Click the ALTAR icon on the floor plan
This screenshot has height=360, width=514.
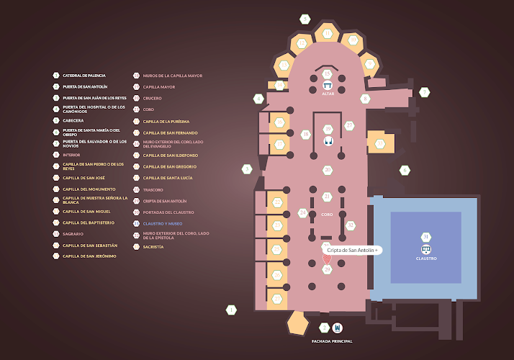[328, 86]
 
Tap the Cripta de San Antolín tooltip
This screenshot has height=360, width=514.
[352, 249]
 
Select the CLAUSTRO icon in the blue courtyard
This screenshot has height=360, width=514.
[426, 250]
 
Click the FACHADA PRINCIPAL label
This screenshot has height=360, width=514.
[331, 341]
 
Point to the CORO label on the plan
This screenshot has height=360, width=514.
[327, 215]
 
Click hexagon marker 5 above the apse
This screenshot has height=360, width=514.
[306, 19]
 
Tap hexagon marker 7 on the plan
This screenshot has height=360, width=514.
[425, 92]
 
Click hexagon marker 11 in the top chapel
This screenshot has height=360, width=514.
[328, 34]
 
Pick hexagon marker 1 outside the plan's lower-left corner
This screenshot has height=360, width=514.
[232, 310]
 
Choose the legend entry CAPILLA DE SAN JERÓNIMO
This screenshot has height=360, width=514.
[89, 256]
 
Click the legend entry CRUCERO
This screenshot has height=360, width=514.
[152, 98]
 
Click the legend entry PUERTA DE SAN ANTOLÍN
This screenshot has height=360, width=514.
[85, 86]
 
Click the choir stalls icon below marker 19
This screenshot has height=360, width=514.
[328, 141]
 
